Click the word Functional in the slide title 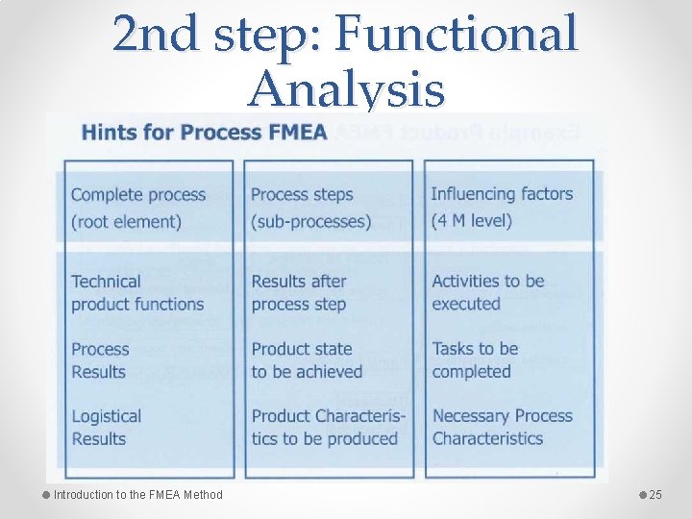click(457, 35)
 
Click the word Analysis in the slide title click(346, 90)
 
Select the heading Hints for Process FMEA click(205, 133)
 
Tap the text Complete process click(138, 194)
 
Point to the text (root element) click(126, 221)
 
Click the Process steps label click(302, 194)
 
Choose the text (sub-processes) click(310, 221)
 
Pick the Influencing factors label click(502, 194)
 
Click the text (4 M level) click(472, 221)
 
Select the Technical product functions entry click(137, 292)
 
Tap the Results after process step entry click(299, 292)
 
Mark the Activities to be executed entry click(488, 292)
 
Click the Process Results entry click(100, 360)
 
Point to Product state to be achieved click(307, 360)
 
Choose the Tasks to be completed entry click(475, 360)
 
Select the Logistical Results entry click(106, 428)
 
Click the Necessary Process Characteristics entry click(502, 428)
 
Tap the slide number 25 click(656, 495)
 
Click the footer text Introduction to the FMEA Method click(137, 495)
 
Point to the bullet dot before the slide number click(641, 494)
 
